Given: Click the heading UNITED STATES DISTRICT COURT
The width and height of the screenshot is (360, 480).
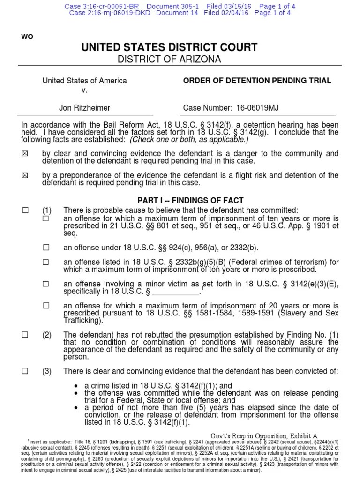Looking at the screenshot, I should (170, 47).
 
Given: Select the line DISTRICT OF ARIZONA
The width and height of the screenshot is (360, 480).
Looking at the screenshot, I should (170, 59).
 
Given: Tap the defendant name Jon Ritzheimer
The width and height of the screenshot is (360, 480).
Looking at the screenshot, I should (84, 108).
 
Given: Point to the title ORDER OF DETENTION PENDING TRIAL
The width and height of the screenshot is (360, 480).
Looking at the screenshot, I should (257, 81).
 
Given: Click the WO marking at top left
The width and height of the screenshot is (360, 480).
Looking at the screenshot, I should (27, 37).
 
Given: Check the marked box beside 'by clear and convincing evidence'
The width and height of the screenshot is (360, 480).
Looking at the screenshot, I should (25, 154).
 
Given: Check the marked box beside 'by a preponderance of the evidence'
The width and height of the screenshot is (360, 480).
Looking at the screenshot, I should (25, 175).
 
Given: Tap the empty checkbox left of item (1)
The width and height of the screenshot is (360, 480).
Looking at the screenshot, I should (25, 210).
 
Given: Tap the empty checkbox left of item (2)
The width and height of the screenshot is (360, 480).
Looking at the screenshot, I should (25, 335).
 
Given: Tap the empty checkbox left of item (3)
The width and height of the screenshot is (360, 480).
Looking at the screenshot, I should (25, 371).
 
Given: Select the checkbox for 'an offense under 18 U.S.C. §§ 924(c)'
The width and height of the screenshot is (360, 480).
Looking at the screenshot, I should (46, 248).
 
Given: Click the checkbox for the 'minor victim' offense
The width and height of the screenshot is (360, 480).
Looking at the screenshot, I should (46, 284).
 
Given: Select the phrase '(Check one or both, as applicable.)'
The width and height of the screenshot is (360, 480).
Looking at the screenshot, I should (187, 139).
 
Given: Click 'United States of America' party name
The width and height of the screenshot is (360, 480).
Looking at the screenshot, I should (84, 81).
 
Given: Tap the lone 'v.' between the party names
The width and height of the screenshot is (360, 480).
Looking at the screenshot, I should (84, 90).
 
